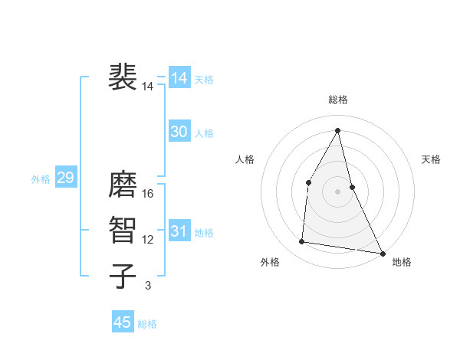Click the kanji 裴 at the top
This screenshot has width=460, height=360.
[x=123, y=77]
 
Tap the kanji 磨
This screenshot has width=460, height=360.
[x=123, y=185]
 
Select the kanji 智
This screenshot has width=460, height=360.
[x=123, y=231]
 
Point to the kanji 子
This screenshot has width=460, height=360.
[x=123, y=277]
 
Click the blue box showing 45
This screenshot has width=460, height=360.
[x=123, y=322]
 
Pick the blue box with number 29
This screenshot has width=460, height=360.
[x=65, y=178]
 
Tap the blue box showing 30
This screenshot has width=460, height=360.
[x=179, y=132]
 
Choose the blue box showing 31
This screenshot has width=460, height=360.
[x=179, y=231]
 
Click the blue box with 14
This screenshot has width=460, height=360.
[x=179, y=78]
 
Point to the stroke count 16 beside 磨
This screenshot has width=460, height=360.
[x=148, y=194]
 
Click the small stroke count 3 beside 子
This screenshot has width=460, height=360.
[x=148, y=286]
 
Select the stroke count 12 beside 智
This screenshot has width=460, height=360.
[x=148, y=240]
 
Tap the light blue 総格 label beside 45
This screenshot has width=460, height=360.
[x=148, y=324]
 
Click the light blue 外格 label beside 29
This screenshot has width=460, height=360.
[x=41, y=179]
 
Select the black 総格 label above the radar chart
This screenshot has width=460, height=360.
[x=338, y=100]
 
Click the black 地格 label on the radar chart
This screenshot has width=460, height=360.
[x=402, y=262]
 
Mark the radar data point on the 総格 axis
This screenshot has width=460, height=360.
[x=338, y=130]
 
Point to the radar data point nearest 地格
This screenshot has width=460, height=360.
[x=383, y=253]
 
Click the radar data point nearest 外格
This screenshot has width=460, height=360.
[x=302, y=242]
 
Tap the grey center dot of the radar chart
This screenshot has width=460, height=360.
[x=338, y=191]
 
